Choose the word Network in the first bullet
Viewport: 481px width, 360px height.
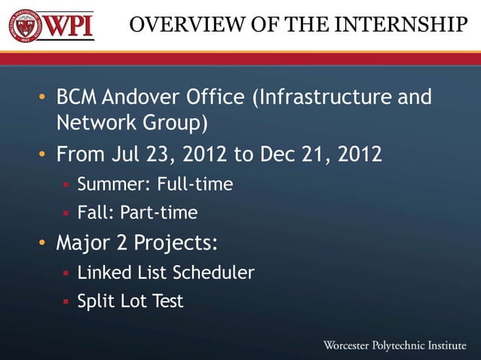point(91,122)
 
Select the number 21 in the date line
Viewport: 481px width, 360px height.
point(311,155)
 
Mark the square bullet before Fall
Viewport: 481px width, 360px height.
point(66,214)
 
